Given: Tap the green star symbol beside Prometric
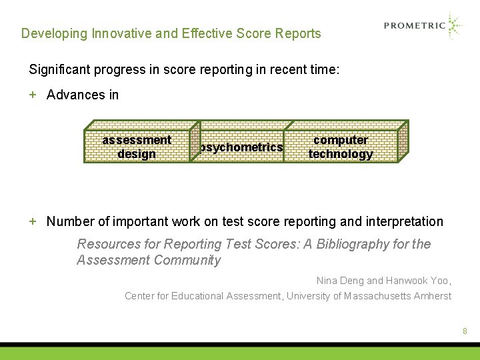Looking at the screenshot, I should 455,26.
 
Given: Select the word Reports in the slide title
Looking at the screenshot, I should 297,33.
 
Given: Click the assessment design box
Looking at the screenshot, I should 137,147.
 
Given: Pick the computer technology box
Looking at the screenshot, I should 341,147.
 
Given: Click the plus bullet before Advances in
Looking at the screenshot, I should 33,95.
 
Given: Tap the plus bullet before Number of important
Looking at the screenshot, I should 33,221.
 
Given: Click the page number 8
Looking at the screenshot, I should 465,331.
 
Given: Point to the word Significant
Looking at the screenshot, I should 61,69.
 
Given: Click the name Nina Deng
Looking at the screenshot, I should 340,281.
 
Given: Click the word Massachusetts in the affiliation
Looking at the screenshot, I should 377,296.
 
